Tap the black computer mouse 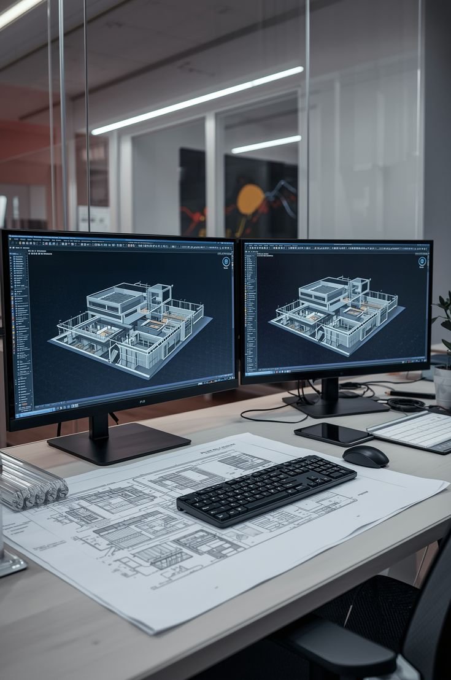[x=365, y=456]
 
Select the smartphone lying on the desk [x=333, y=434]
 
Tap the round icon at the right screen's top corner [x=422, y=261]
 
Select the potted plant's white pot [x=443, y=386]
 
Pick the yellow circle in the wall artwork [x=250, y=200]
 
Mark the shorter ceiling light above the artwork [x=266, y=145]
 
